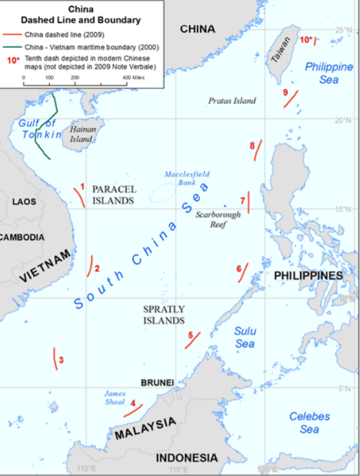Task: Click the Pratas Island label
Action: point(232,101)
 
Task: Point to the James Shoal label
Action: point(114,398)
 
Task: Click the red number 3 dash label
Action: point(61,360)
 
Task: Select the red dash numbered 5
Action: point(192,341)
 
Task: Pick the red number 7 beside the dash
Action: point(242,200)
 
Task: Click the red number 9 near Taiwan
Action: point(286,92)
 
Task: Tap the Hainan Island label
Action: point(82,135)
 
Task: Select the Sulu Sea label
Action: point(244,338)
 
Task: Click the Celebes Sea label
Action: point(310,422)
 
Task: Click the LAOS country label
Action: point(24,202)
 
